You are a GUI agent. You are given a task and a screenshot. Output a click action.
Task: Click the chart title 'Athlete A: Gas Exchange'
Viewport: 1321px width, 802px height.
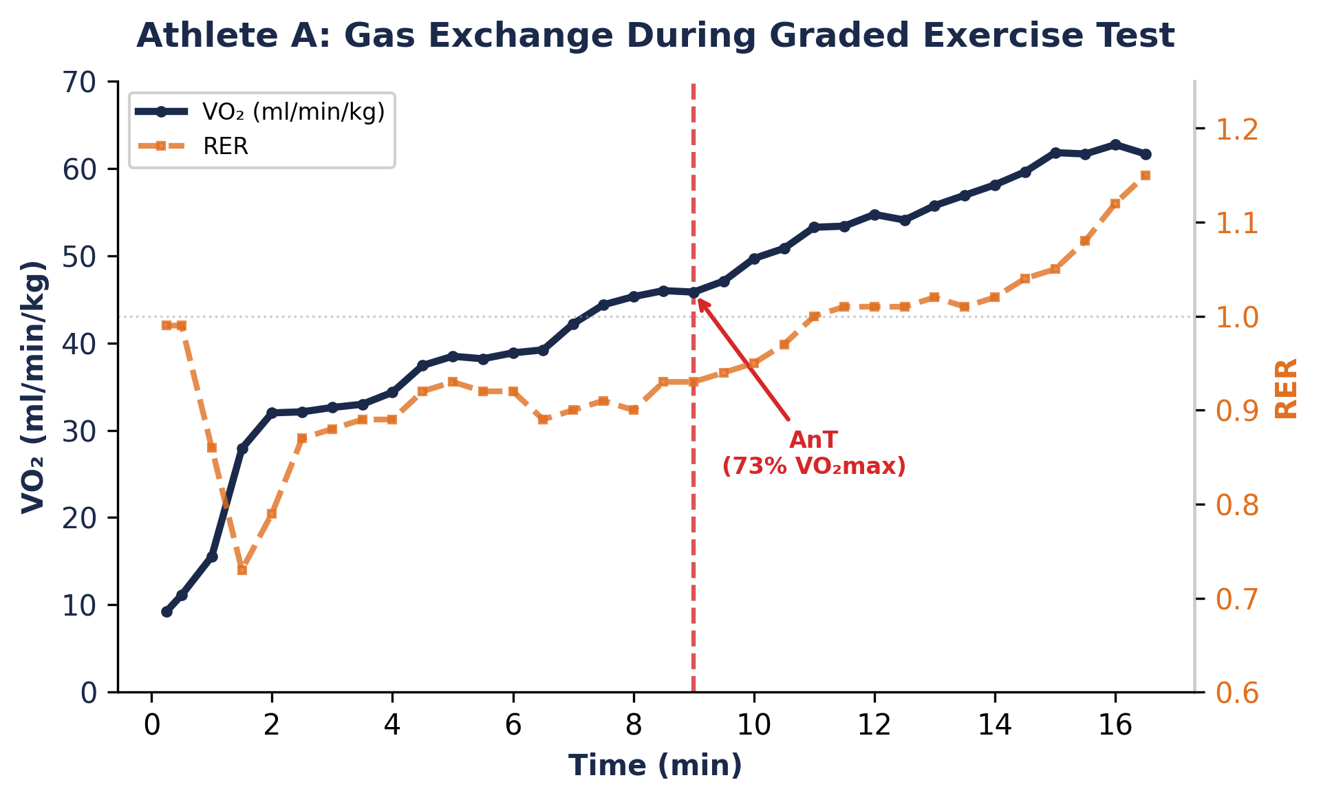click(x=655, y=36)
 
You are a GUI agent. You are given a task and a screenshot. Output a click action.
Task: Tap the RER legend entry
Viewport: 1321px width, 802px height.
click(x=225, y=146)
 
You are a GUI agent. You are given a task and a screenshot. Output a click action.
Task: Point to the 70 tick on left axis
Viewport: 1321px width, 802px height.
click(x=80, y=83)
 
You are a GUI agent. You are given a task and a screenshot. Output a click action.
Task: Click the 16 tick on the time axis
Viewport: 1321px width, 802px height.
click(x=1115, y=725)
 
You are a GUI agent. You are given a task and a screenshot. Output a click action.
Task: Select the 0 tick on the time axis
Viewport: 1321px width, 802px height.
click(x=151, y=725)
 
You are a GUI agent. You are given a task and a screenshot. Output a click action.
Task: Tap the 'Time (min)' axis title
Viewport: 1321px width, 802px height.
click(x=655, y=766)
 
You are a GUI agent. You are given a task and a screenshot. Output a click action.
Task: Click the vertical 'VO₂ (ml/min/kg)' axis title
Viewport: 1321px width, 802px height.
click(x=33, y=387)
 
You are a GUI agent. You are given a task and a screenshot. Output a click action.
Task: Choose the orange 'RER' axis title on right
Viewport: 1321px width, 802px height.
click(x=1285, y=389)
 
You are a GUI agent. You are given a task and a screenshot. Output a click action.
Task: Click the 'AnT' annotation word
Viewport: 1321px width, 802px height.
click(x=813, y=440)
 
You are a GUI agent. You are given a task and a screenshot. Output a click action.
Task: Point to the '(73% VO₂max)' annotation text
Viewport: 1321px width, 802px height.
click(x=813, y=466)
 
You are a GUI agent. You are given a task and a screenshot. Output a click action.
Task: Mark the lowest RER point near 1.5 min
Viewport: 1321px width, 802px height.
click(x=242, y=570)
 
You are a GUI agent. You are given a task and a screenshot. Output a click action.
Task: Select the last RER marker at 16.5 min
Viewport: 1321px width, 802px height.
click(x=1145, y=175)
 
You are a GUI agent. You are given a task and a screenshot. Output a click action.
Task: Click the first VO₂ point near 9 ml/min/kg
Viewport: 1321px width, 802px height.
click(x=167, y=611)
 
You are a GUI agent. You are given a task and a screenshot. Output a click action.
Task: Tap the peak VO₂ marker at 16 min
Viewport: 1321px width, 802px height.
click(x=1115, y=144)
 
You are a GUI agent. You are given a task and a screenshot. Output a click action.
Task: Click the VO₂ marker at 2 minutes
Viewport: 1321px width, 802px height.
click(x=272, y=413)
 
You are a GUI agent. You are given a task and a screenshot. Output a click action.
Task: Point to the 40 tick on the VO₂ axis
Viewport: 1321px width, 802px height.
click(x=80, y=344)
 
